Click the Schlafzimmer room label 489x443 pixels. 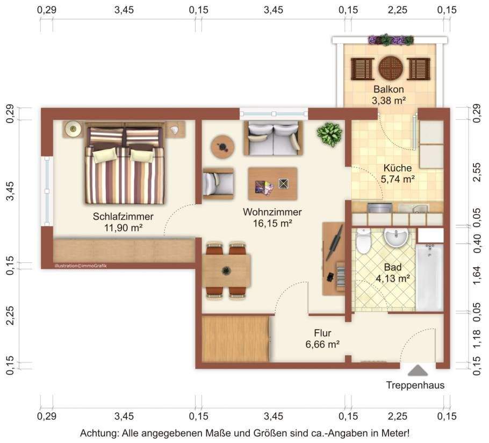[x=123, y=216]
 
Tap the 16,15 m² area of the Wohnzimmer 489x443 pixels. [x=272, y=223]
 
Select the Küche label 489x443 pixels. [x=397, y=168]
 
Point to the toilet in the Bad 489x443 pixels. [x=363, y=240]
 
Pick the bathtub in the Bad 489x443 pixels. [x=429, y=277]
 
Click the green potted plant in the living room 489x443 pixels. [x=329, y=134]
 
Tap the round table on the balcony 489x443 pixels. [x=391, y=68]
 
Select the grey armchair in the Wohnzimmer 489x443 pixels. [x=218, y=184]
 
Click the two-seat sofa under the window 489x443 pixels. [x=273, y=138]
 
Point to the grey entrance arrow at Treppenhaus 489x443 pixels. [x=418, y=370]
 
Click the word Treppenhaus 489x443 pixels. [x=415, y=385]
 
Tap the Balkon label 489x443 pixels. [x=389, y=89]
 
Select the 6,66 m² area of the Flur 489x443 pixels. [x=322, y=345]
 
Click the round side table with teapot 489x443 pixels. [x=222, y=146]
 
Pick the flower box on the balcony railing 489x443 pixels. [x=391, y=40]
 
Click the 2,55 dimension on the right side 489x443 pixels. [x=476, y=172]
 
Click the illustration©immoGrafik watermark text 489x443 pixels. [x=81, y=266]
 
